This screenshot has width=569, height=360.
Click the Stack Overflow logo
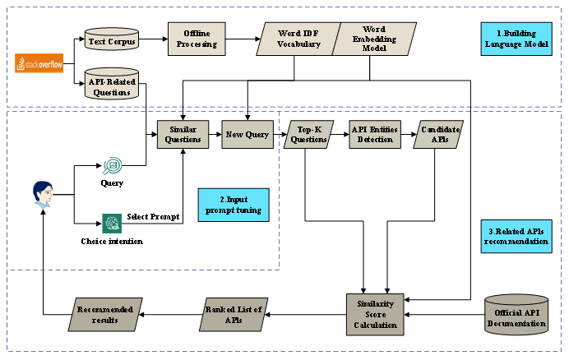pyautogui.click(x=39, y=62)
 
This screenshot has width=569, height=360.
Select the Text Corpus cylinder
pyautogui.click(x=111, y=39)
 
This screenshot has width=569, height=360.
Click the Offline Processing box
pyautogui.click(x=197, y=39)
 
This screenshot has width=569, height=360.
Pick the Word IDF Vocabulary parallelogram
pyautogui.click(x=298, y=39)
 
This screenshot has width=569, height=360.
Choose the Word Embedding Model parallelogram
pyautogui.click(x=374, y=39)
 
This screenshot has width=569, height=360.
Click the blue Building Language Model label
pyautogui.click(x=516, y=39)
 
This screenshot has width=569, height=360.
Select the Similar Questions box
pyautogui.click(x=184, y=134)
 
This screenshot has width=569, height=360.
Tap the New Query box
pyautogui.click(x=247, y=134)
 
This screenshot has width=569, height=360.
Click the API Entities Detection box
pyautogui.click(x=374, y=134)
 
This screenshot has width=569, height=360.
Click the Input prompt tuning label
pyautogui.click(x=234, y=205)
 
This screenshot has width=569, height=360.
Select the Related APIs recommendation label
pyautogui.click(x=516, y=236)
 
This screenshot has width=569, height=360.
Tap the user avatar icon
pyautogui.click(x=43, y=195)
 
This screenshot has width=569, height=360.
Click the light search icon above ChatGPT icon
pyautogui.click(x=112, y=165)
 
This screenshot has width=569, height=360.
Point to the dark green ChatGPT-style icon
pyautogui.click(x=112, y=223)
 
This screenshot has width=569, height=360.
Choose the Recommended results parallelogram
pyautogui.click(x=104, y=314)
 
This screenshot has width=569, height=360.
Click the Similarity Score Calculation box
pyautogui.click(x=374, y=314)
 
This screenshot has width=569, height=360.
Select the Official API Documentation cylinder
pyautogui.click(x=516, y=314)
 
